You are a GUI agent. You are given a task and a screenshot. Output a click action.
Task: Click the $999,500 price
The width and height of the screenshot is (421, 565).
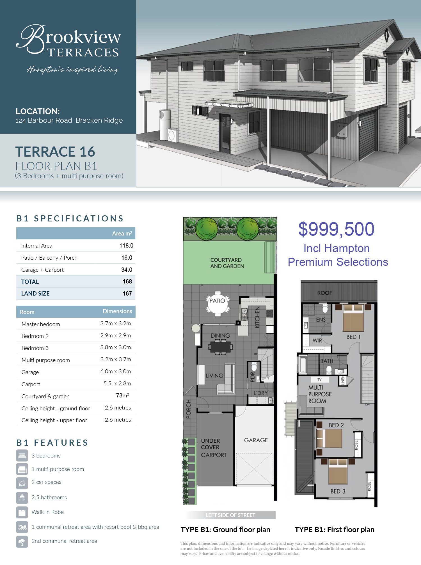(336, 229)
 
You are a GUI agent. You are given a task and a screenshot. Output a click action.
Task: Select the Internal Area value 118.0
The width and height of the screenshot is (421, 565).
(126, 246)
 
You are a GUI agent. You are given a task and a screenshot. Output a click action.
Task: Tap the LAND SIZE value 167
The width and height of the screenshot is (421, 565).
(127, 294)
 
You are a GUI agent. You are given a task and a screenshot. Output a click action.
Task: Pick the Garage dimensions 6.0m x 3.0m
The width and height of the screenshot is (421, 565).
(116, 372)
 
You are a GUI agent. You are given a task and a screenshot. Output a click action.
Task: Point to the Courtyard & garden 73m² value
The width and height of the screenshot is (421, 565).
(123, 395)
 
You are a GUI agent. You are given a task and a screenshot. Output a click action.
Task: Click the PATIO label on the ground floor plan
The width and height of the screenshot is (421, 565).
(217, 301)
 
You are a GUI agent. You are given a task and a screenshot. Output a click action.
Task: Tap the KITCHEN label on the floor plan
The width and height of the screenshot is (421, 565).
(257, 317)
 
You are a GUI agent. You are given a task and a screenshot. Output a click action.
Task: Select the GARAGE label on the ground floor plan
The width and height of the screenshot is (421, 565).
(256, 440)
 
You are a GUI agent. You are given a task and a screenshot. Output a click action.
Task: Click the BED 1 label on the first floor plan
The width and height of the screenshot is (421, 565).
(353, 337)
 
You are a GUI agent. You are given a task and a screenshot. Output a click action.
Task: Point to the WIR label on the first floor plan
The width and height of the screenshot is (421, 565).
(317, 340)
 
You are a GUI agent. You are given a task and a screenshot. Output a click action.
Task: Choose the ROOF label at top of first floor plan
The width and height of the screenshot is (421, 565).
(325, 293)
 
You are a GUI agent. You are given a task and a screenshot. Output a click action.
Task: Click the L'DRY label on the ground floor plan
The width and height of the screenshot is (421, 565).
(260, 393)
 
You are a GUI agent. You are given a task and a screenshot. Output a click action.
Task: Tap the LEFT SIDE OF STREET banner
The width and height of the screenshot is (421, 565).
(230, 515)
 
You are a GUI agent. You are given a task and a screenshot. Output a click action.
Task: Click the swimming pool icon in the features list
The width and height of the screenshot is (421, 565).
(22, 527)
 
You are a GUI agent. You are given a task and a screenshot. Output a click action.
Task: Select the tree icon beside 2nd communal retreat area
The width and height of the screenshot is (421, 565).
(22, 542)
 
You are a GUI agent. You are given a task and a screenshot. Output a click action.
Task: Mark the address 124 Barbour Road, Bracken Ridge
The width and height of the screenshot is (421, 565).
(69, 120)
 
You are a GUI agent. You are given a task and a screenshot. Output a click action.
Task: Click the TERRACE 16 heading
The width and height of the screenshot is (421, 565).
(55, 152)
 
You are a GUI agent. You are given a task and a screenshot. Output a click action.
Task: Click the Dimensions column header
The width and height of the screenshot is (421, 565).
(117, 311)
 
